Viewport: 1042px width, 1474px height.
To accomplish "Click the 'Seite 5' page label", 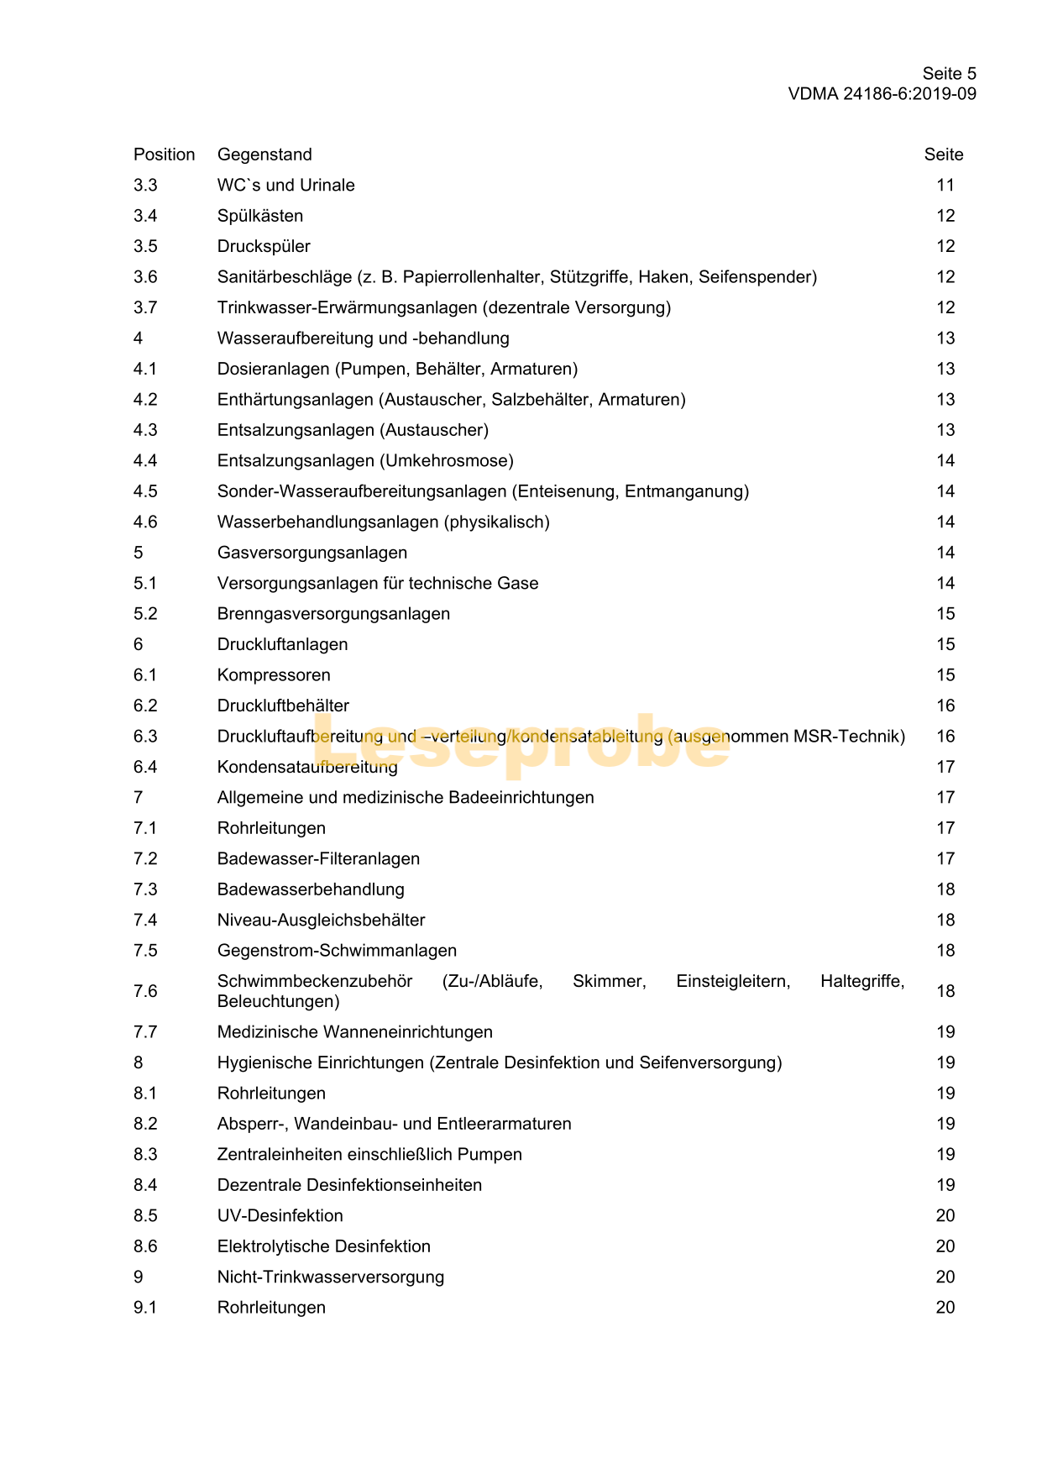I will (949, 74).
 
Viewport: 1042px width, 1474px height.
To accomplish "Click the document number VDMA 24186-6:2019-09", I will (882, 94).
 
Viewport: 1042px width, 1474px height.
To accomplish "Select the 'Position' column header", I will (164, 155).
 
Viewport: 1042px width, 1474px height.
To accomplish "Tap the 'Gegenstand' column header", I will (264, 155).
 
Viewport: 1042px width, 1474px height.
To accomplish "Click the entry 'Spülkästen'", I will (260, 216).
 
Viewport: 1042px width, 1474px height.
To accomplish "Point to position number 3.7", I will (145, 307).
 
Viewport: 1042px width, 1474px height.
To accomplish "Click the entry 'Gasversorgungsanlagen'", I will (312, 553).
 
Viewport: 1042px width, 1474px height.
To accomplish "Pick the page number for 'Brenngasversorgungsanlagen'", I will (945, 614).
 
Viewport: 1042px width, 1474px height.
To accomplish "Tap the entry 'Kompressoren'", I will (274, 675).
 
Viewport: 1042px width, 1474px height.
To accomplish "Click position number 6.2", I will (145, 706).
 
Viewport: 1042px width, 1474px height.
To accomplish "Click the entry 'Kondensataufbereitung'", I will (307, 768).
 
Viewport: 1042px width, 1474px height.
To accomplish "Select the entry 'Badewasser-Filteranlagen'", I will (318, 859).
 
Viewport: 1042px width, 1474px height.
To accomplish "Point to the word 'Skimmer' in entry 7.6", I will (609, 982).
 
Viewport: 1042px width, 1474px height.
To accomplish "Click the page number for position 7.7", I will (945, 1032).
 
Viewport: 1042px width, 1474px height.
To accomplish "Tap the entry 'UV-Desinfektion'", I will (280, 1216).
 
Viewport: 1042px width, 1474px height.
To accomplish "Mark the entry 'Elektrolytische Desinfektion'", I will (324, 1247).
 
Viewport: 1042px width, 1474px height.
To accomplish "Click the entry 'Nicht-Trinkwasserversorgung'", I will (331, 1277).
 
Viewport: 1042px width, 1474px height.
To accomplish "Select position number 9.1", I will (145, 1309).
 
